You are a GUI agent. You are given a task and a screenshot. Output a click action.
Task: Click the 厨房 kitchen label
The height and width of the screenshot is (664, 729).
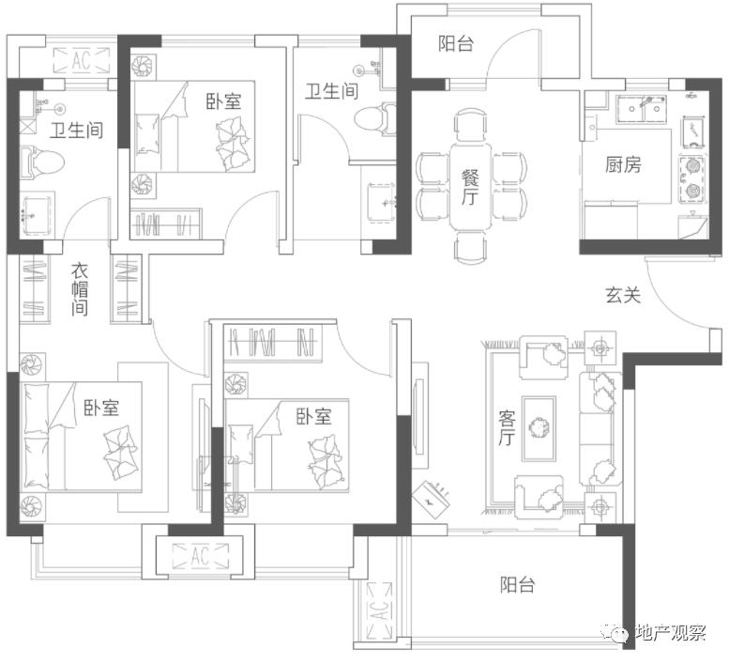(623, 164)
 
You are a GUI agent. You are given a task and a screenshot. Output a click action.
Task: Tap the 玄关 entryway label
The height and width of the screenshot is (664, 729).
(623, 295)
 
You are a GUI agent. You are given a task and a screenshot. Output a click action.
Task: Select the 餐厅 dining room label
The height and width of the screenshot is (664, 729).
(470, 187)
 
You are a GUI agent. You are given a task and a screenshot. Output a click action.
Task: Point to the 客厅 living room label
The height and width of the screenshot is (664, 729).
(507, 427)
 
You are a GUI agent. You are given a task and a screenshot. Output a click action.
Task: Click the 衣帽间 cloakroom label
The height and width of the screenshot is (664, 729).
(80, 289)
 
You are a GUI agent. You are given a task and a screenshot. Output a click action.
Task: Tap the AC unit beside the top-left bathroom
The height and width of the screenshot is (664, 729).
(82, 60)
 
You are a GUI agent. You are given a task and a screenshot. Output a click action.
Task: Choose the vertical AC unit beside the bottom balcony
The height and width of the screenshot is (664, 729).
(380, 610)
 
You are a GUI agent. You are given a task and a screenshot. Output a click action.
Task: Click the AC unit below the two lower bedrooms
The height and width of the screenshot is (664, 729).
(201, 556)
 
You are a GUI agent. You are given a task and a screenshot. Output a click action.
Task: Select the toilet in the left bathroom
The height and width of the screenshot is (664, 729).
(42, 162)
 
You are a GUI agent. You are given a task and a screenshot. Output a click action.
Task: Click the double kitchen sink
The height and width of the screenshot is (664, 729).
(642, 109)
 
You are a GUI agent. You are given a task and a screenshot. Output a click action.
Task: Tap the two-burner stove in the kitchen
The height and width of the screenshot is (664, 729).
(692, 179)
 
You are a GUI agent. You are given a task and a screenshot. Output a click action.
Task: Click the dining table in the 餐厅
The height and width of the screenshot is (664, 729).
(470, 187)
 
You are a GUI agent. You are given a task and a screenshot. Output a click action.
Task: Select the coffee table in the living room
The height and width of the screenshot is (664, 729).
(539, 428)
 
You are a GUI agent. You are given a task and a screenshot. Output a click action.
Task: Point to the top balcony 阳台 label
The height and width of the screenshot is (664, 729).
(456, 44)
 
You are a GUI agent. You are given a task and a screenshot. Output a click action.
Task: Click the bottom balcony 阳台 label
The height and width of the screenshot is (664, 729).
(518, 584)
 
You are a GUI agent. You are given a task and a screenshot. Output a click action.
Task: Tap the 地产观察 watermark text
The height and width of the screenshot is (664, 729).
(671, 632)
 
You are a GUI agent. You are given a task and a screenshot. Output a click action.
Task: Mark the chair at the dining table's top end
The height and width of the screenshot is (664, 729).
(470, 125)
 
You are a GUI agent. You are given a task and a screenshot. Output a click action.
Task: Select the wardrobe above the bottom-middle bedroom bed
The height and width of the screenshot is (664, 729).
(273, 342)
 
